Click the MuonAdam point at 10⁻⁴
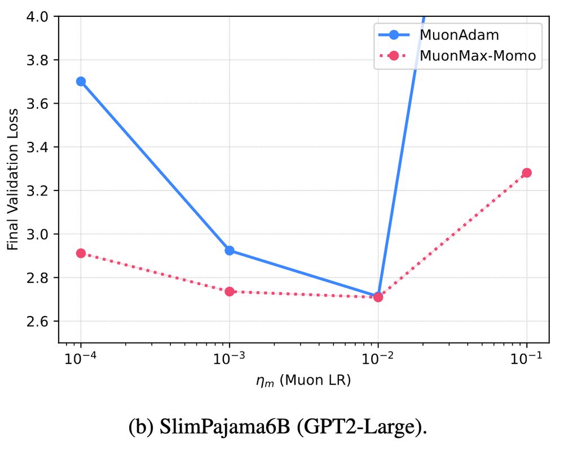(x=81, y=81)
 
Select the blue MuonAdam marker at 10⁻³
(x=230, y=250)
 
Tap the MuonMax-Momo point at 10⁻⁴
(x=81, y=253)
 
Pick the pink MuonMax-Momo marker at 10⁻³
(x=230, y=291)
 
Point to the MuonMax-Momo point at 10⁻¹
(x=527, y=172)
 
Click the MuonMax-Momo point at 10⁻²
(x=378, y=297)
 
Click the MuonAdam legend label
(x=452, y=34)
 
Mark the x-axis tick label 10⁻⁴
(x=81, y=359)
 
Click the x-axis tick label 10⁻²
(x=378, y=359)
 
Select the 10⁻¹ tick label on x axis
(x=527, y=359)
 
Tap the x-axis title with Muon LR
(x=303, y=381)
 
